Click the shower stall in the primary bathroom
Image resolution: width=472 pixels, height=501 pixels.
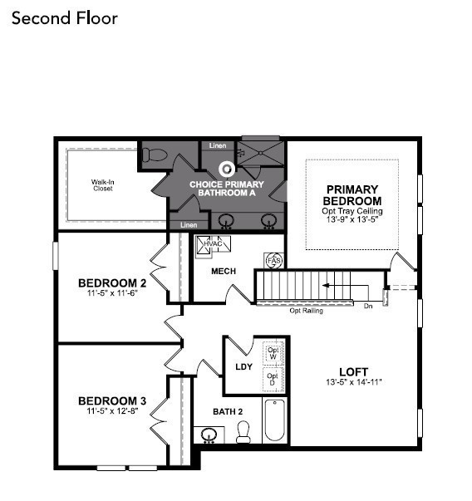point(260,155)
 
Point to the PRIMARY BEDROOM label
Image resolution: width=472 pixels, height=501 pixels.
point(352,195)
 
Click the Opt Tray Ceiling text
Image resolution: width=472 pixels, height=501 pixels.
point(352,212)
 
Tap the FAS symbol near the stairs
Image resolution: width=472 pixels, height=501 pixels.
point(273,261)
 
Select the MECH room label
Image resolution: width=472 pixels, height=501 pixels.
point(224,271)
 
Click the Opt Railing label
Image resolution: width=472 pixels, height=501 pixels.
point(306,311)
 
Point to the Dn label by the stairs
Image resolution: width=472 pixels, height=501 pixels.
point(368,306)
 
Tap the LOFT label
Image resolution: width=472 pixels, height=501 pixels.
point(353,371)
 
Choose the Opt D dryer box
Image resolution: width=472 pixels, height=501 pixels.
point(272,378)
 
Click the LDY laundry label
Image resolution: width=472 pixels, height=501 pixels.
point(244,366)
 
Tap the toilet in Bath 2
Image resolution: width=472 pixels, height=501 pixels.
point(243,432)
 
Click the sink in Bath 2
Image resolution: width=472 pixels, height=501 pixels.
point(209,435)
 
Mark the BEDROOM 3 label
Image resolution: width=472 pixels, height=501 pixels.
point(112,401)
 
